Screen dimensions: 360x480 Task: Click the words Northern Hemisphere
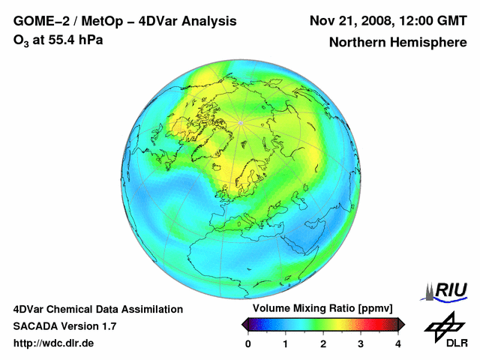pos(397,43)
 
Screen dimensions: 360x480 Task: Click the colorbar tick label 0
pos(248,343)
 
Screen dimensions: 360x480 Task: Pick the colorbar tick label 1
pos(286,343)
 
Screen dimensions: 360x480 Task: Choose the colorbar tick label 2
pos(323,343)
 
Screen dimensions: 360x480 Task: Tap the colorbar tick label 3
pos(361,343)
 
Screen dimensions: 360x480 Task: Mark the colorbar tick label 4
pos(398,343)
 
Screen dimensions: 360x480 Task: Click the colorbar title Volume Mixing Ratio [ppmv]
pos(322,309)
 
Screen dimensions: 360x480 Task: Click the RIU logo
pos(448,291)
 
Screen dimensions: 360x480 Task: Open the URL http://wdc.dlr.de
pos(54,343)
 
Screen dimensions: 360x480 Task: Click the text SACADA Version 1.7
pos(64,326)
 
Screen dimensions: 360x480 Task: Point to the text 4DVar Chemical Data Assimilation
pos(97,309)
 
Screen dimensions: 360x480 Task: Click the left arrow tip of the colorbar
pos(243,324)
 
